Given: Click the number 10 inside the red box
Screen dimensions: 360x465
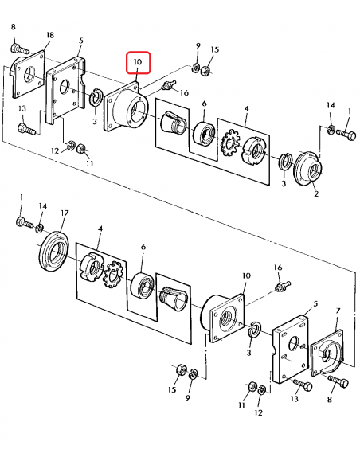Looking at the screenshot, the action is [x=138, y=62].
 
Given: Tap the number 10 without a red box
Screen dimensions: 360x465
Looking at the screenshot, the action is [x=246, y=275].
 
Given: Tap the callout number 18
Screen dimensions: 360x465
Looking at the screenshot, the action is [x=50, y=35].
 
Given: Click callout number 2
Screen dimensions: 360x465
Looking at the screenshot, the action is [x=316, y=194].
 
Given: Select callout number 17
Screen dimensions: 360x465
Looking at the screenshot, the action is [x=65, y=213].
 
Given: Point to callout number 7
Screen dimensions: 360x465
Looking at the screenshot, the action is [x=338, y=311].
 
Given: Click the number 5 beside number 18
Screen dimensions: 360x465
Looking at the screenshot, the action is [x=81, y=41].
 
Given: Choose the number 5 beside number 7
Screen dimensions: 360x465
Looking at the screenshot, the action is [x=315, y=303].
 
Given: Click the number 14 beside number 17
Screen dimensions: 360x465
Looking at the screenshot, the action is [x=43, y=205].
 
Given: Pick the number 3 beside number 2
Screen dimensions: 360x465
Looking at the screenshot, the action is [x=284, y=183].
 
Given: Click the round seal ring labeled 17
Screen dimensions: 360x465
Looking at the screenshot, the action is [x=54, y=251].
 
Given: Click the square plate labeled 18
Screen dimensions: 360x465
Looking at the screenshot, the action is [x=29, y=73].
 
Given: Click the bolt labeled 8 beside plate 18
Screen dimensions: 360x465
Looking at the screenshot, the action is [x=20, y=49].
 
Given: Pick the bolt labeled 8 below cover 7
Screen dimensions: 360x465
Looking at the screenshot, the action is [x=338, y=381].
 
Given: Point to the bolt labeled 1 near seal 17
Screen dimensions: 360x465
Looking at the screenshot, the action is [x=25, y=223].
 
